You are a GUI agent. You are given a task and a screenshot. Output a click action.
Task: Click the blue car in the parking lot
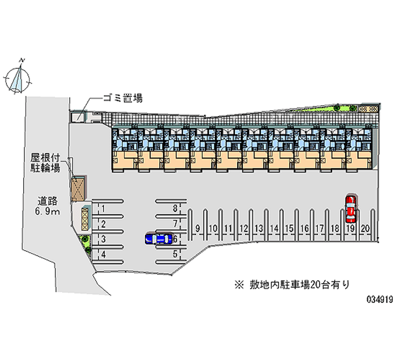coord(159,239)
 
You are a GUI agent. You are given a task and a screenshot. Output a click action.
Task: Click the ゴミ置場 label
coord(122,98)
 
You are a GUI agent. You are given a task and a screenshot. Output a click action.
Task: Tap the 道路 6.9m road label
coord(48,207)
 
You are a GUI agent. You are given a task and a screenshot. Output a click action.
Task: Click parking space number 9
coord(198,228)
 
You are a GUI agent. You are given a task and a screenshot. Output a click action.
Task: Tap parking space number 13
coord(258,228)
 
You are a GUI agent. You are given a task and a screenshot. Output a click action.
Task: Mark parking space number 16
coord(304,228)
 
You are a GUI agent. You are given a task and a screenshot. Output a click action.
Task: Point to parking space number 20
coord(365,228)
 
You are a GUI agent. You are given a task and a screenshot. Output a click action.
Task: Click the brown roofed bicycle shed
coord(78,189)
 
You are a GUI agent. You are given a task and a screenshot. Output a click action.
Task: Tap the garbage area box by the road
coord(78,117)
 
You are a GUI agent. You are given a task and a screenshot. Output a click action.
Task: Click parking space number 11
coord(228,228)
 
